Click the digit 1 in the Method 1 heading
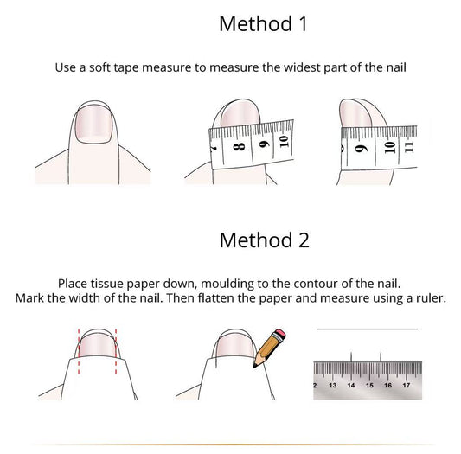point(304,24)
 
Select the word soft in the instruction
point(100,67)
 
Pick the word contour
point(316,284)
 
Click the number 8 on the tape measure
point(239,146)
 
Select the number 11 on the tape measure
point(409,147)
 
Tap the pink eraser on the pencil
point(279,335)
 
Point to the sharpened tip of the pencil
point(254,367)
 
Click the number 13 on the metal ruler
point(332,385)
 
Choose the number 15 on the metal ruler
point(369,385)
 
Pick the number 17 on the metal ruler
point(406,385)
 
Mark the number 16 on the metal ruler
point(387,385)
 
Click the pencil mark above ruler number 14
point(351,356)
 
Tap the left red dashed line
point(79,351)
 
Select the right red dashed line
point(116,351)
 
